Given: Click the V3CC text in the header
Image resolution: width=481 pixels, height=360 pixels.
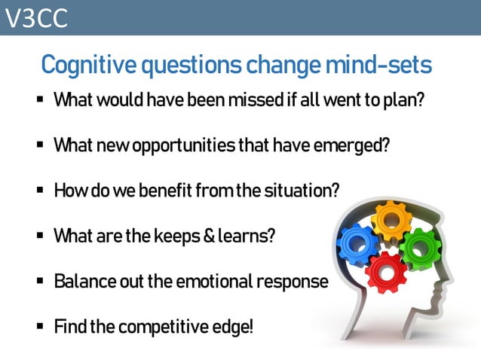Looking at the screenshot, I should coord(36,18).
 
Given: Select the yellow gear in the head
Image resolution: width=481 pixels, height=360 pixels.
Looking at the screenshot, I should coord(390,219).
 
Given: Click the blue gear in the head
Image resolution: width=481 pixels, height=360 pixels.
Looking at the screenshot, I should coord(359,246).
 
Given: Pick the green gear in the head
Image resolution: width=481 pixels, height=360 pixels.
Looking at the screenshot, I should coord(418,249).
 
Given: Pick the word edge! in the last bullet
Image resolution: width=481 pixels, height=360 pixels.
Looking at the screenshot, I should coord(234,328).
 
